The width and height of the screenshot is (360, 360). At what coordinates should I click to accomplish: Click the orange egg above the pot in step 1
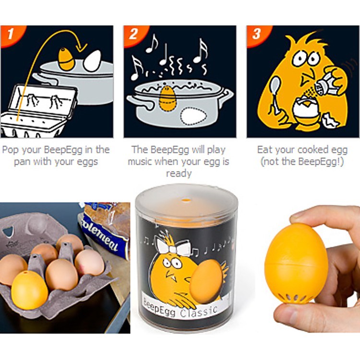[x=66, y=59]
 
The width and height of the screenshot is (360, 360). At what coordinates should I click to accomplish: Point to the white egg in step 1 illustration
[x=92, y=61]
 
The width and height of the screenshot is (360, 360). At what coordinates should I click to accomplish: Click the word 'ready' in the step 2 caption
[x=178, y=173]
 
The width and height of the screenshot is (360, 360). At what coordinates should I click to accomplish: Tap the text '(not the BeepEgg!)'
[x=302, y=162]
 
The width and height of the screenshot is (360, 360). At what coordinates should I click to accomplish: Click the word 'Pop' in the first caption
[x=11, y=150]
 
